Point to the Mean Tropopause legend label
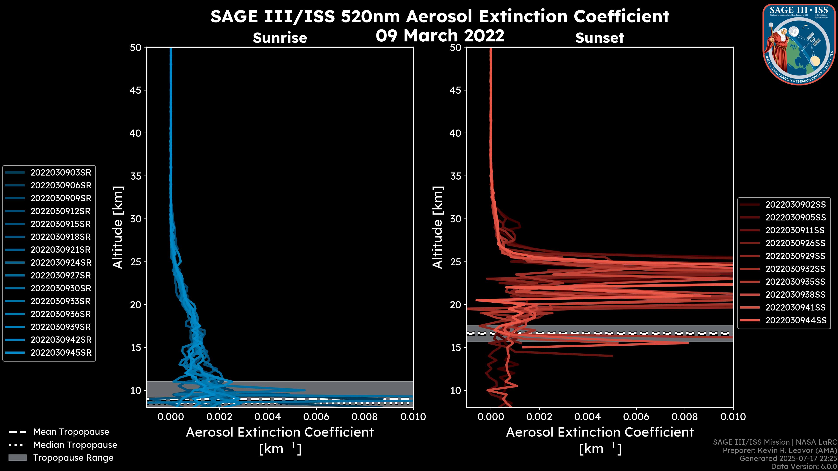pyautogui.click(x=71, y=432)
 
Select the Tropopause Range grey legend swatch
pyautogui.click(x=17, y=458)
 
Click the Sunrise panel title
pyautogui.click(x=280, y=38)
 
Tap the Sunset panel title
pyautogui.click(x=599, y=38)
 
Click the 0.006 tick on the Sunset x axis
pyautogui.click(x=636, y=417)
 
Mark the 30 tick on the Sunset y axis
pyautogui.click(x=455, y=219)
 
